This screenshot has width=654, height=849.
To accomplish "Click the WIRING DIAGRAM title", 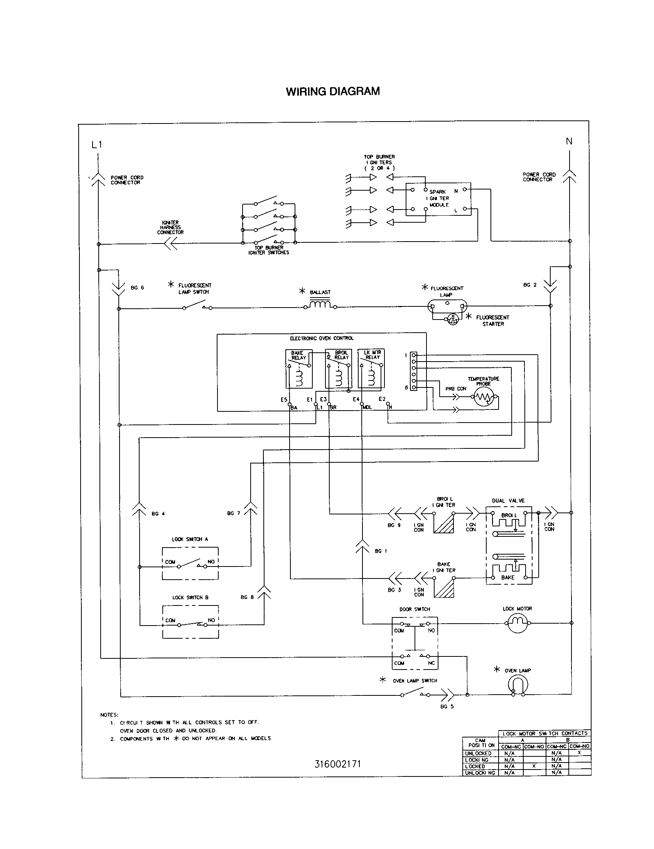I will coord(333,91).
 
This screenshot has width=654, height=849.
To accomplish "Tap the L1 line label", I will coord(97,145).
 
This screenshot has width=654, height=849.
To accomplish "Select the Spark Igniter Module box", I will coord(438,199).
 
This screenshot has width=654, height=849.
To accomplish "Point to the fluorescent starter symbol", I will coord(453,320).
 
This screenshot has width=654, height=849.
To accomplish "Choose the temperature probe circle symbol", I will coord(484,397).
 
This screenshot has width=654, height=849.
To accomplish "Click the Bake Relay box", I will coord(298,369).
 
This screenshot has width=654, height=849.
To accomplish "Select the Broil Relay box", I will coord(339,369).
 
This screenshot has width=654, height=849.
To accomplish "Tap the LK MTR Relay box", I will coord(371,369).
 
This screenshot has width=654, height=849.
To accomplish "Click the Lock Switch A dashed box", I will coord(190,563).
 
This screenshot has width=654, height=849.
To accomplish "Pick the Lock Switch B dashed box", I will coord(190,622).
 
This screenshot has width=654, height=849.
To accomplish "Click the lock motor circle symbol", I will coord(517,623).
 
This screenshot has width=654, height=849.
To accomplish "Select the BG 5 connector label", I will coord(447,706).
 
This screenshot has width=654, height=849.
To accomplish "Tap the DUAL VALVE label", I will coord(508,500).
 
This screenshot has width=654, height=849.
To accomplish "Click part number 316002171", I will coord(337,764).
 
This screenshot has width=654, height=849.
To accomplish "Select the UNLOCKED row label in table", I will coord(478,753).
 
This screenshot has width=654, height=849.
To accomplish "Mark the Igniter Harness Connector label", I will coord(170,227).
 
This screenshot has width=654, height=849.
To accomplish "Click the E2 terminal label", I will coord(382,399).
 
